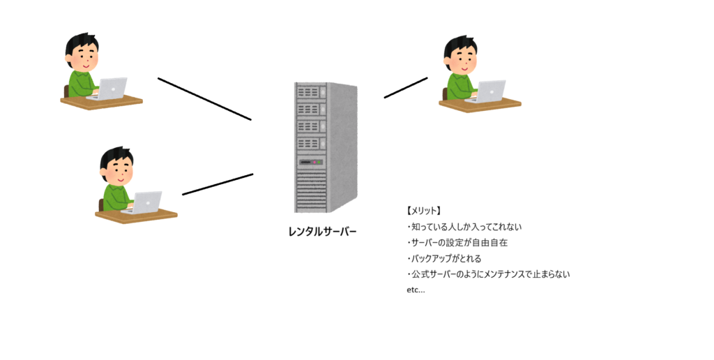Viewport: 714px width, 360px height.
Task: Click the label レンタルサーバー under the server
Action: tap(322, 231)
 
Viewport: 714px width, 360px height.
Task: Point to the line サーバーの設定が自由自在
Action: tap(458, 243)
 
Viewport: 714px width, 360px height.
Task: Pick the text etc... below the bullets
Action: tap(415, 290)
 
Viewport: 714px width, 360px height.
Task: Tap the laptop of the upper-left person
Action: tap(112, 88)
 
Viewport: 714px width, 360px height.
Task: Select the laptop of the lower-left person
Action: tap(147, 202)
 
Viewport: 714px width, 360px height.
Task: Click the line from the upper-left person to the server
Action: tap(204, 98)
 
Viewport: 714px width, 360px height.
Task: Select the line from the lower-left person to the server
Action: tap(218, 184)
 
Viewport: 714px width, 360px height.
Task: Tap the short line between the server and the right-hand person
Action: tap(406, 87)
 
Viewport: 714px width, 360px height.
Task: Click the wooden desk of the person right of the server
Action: tap(480, 105)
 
